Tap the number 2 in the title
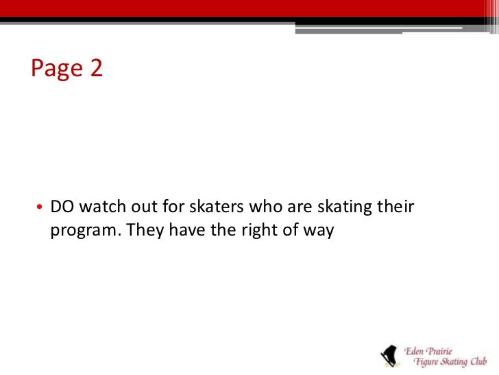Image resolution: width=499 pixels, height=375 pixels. tap(95, 68)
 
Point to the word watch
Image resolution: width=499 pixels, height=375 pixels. tap(101, 207)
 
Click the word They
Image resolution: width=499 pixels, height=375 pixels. tap(141, 230)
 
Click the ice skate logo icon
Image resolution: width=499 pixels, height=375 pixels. tap(390, 355)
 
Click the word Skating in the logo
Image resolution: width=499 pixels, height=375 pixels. tap(452, 362)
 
